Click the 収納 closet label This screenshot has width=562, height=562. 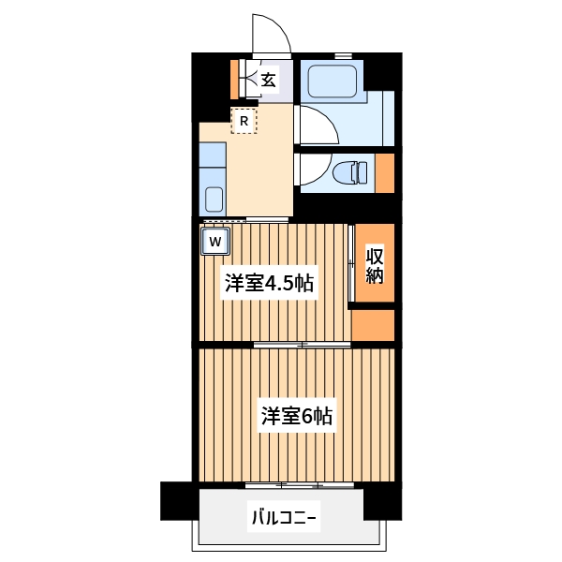(x=375, y=264)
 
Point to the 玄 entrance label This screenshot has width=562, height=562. (x=268, y=81)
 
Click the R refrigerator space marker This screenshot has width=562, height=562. (x=244, y=120)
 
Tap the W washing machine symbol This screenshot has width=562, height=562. (x=215, y=242)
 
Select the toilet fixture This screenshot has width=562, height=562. (x=352, y=171)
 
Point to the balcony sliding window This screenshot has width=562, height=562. (x=300, y=485)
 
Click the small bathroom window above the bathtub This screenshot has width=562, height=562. (x=343, y=56)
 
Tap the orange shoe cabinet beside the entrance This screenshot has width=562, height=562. (x=234, y=79)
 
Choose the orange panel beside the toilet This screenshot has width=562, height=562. (x=384, y=172)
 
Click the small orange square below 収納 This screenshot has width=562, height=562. (x=373, y=323)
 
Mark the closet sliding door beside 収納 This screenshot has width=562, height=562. (x=351, y=264)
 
